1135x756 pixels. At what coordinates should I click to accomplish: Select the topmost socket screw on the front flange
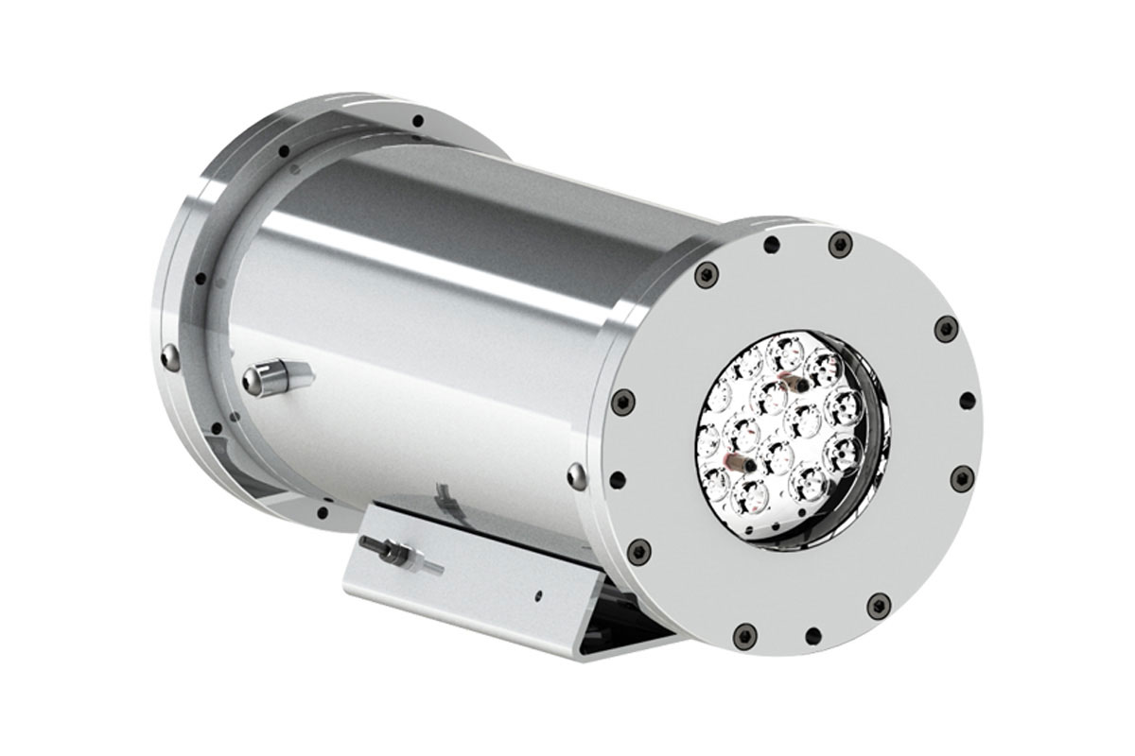840,244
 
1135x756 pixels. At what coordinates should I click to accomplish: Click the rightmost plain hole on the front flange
967,401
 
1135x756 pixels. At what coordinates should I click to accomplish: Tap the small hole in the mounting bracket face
536,596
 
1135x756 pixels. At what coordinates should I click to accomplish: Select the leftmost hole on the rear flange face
201,279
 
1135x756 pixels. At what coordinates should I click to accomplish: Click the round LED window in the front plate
788,439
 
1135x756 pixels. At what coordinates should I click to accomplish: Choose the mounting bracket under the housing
492,576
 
